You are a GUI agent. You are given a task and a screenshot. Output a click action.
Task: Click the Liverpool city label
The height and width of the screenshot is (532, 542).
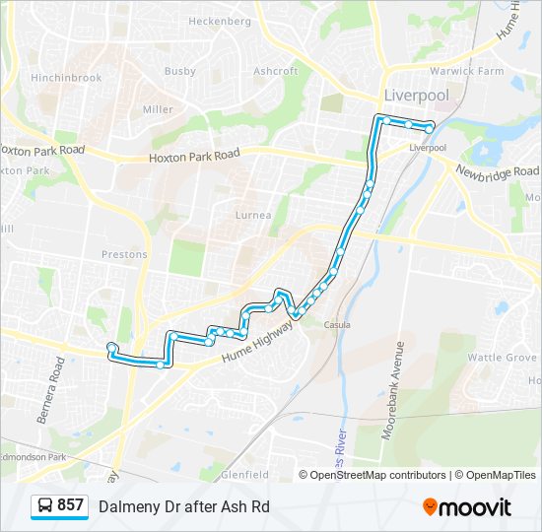415,96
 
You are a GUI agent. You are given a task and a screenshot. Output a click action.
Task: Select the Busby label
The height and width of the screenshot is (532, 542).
180,71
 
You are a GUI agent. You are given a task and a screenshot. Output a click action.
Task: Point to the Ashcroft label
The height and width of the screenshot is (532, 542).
275,71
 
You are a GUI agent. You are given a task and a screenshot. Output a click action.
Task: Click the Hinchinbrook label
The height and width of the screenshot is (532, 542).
67,77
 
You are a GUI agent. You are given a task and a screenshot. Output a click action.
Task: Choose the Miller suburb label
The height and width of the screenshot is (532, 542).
158,109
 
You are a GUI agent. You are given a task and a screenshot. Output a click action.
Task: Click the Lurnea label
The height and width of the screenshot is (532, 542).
253,215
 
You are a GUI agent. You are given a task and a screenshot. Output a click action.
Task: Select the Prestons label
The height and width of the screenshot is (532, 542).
124,254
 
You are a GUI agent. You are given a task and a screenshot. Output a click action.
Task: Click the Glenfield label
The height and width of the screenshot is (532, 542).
244,474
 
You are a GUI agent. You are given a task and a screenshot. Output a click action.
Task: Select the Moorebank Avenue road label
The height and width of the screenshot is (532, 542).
400,384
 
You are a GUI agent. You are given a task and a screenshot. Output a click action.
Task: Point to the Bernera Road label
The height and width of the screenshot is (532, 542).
50,390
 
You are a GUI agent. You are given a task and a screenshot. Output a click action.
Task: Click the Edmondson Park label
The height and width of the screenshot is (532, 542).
33,457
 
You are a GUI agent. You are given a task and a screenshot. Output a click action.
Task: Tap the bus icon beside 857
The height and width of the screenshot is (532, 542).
45,506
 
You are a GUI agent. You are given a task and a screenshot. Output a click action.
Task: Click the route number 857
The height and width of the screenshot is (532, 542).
70,505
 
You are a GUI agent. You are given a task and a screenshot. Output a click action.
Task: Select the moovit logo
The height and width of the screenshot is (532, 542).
467,507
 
